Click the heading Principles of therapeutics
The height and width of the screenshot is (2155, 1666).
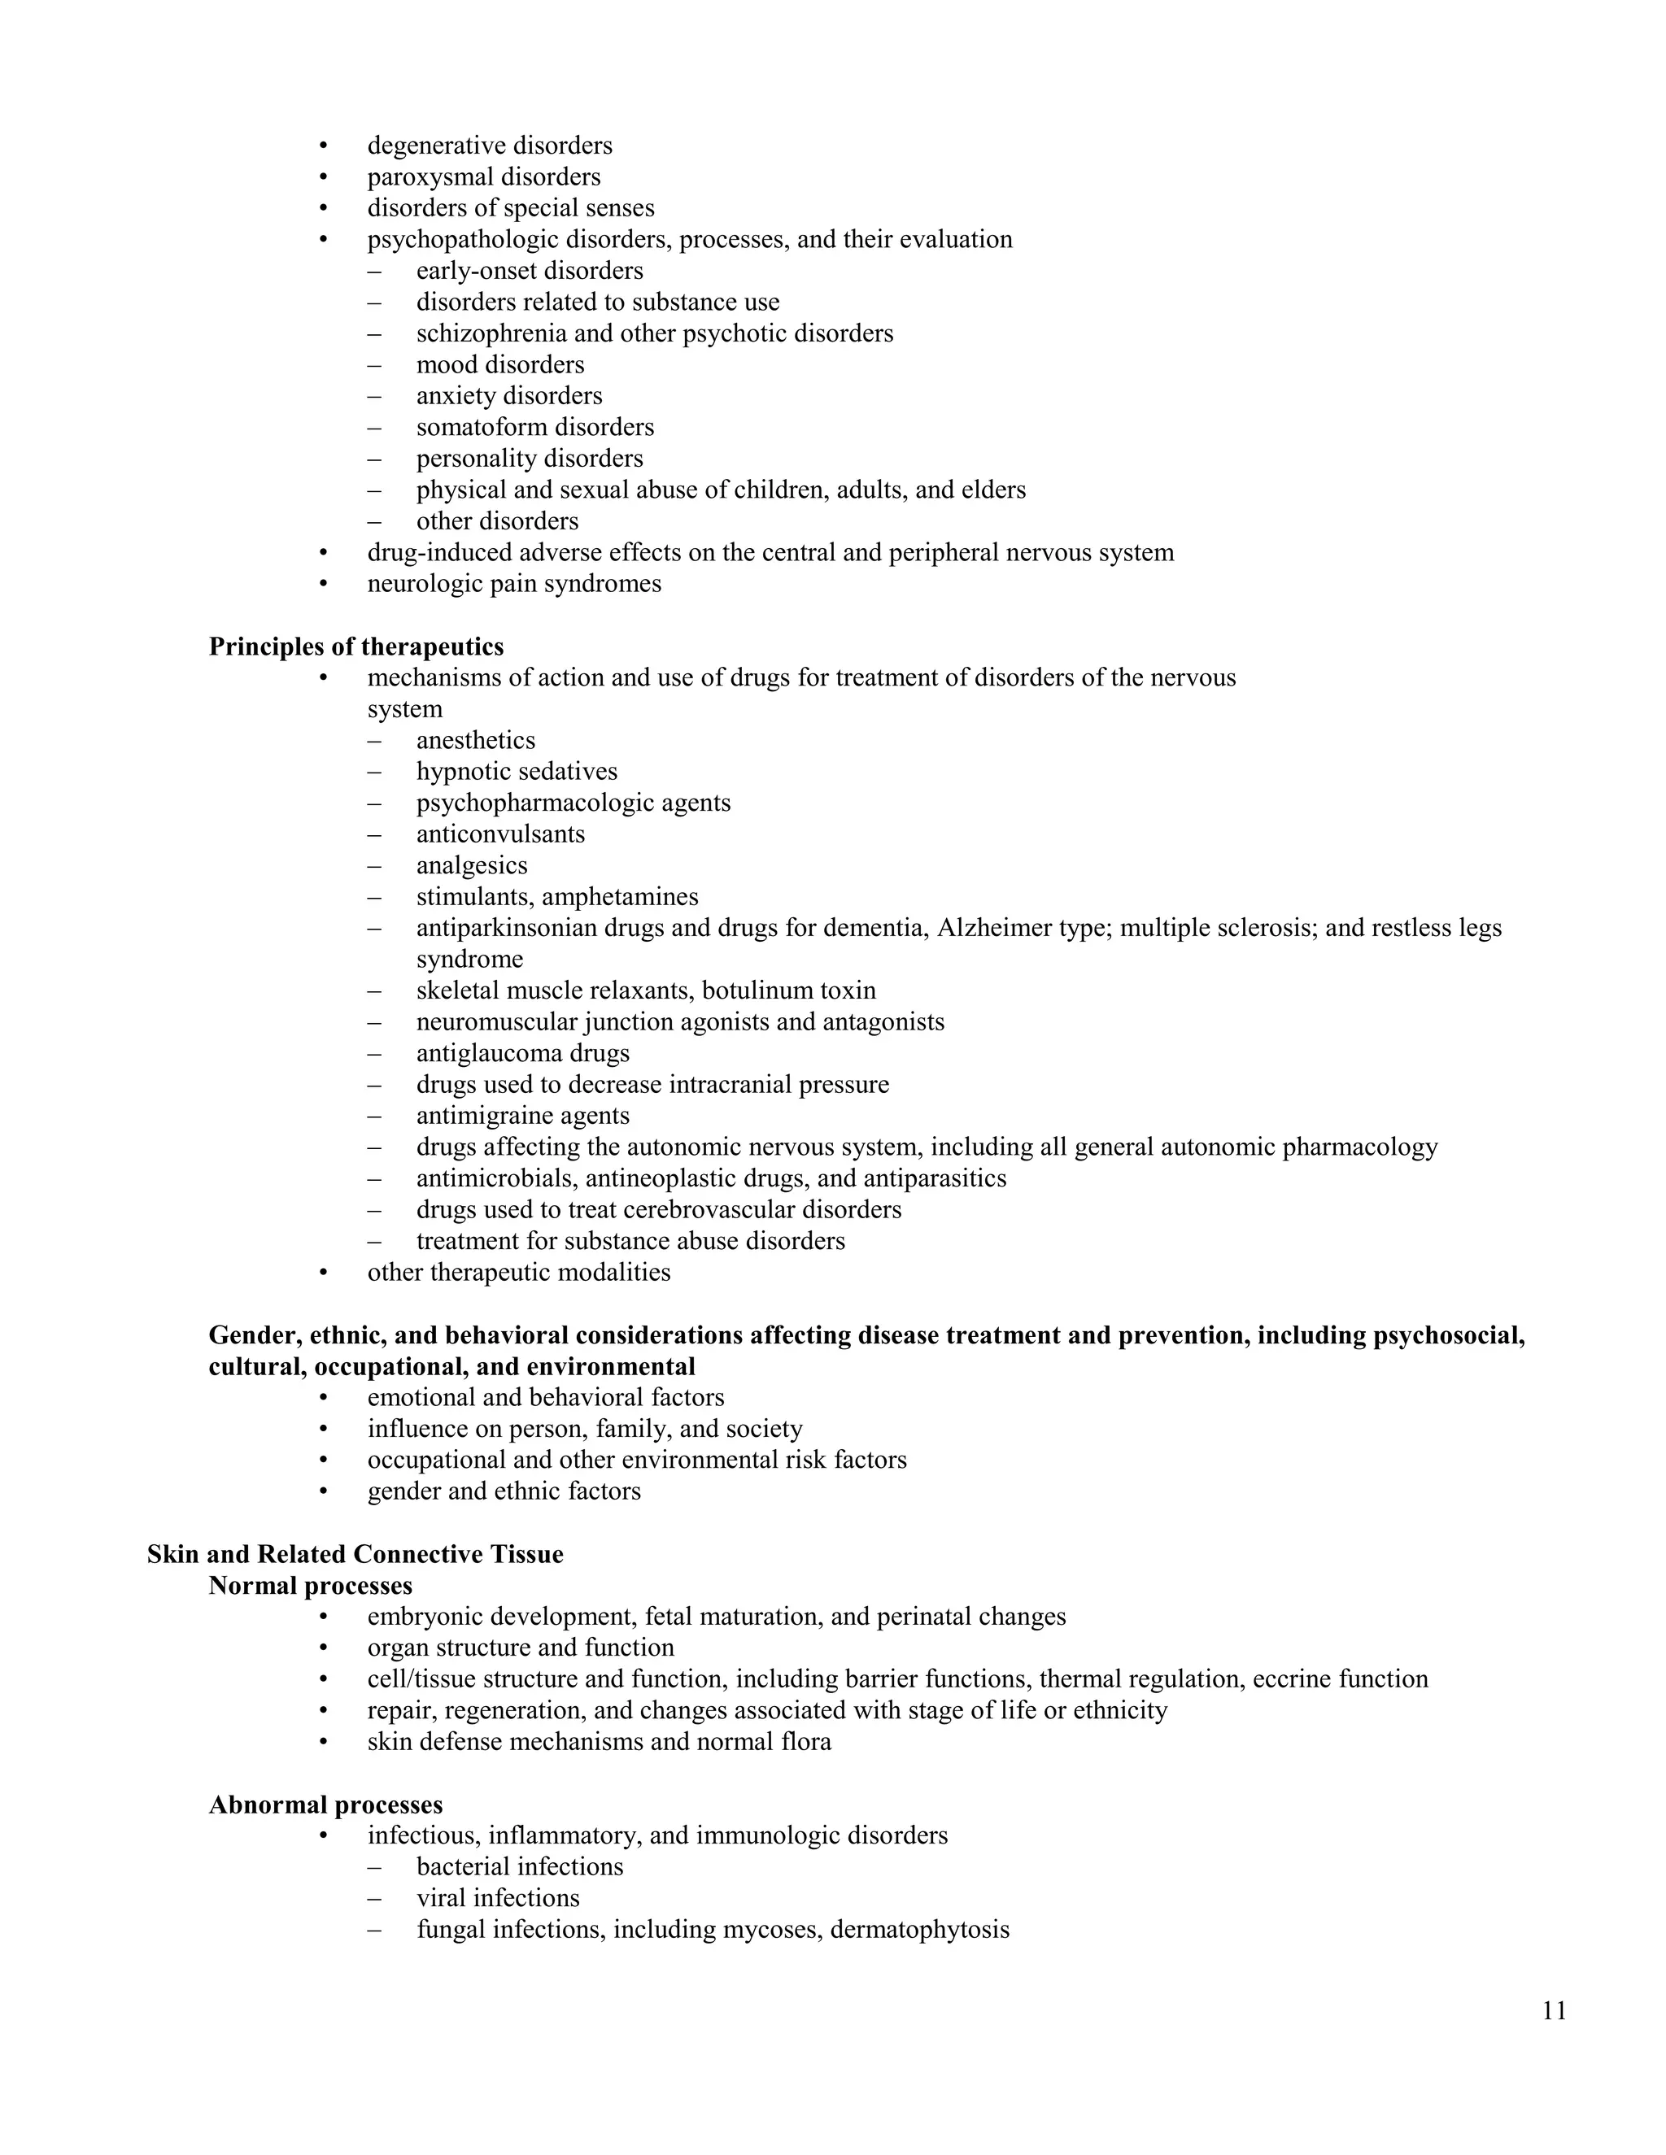355,646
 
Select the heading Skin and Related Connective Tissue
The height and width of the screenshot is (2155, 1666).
355,1554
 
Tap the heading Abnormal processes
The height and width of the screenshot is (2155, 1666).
325,1805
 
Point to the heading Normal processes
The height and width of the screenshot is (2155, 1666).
310,1586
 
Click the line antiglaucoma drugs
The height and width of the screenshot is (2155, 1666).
522,1053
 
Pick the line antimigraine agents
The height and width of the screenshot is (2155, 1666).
522,1116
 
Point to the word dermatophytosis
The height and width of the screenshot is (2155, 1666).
920,1929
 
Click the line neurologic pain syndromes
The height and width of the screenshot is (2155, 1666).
514,584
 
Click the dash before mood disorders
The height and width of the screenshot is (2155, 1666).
374,365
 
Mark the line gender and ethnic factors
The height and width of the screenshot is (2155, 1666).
504,1491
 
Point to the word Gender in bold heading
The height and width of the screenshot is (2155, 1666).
255,1335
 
